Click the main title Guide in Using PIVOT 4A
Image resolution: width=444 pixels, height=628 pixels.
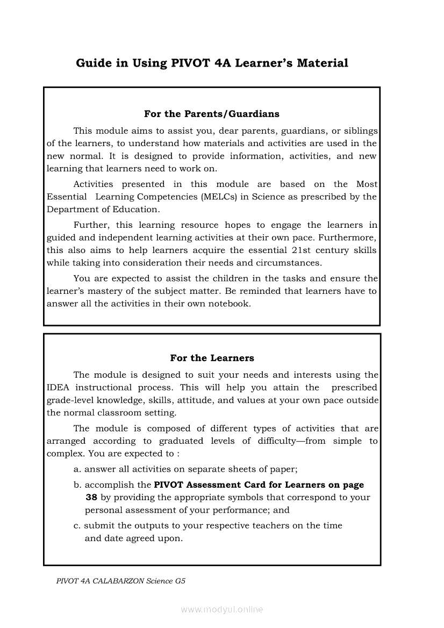[x=212, y=63]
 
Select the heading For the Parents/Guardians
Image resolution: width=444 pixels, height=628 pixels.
[x=212, y=114]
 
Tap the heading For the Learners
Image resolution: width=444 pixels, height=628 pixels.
[x=212, y=358]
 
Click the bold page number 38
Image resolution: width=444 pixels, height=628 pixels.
[x=91, y=497]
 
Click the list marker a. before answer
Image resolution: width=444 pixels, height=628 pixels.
[x=77, y=470]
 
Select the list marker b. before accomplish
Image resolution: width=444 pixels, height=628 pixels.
[x=77, y=485]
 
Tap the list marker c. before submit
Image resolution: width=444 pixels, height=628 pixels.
[x=77, y=525]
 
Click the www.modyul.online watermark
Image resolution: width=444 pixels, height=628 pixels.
[x=222, y=610]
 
